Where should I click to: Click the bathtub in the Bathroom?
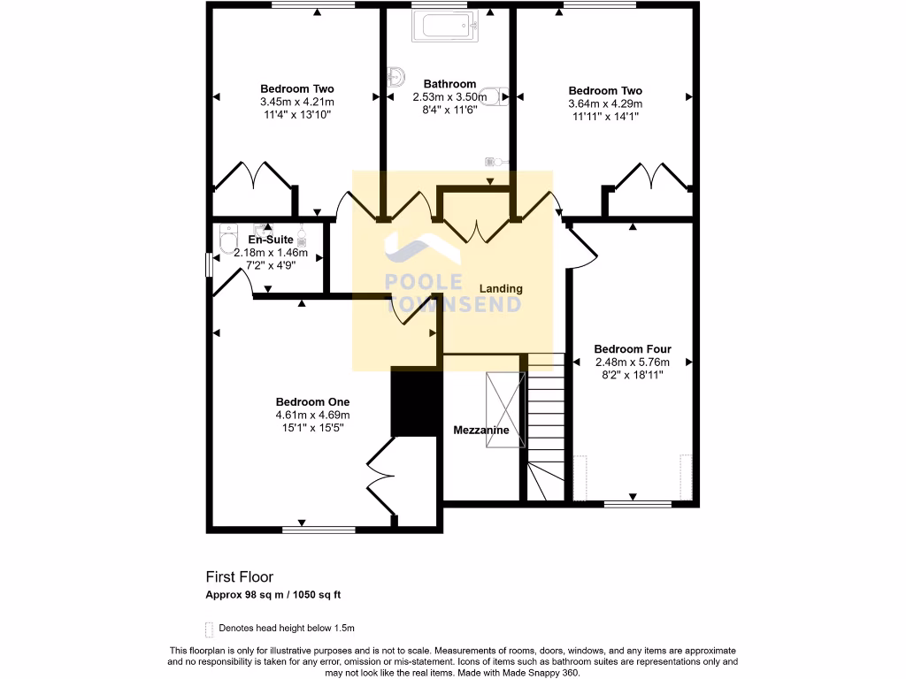tap(446, 27)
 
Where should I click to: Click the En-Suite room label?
tap(270, 240)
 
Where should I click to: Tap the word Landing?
tap(501, 289)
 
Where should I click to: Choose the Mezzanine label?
tap(480, 431)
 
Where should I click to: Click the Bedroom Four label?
tap(632, 349)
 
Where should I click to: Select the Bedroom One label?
tap(312, 401)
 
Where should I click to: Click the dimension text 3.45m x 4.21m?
tap(296, 102)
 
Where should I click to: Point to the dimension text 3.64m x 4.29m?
tap(605, 103)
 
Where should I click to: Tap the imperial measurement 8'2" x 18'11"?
tap(632, 375)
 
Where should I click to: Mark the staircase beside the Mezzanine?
tap(546, 424)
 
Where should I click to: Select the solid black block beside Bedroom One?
tap(416, 402)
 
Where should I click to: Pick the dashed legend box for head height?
tap(210, 629)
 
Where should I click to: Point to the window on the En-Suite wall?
tap(209, 264)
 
